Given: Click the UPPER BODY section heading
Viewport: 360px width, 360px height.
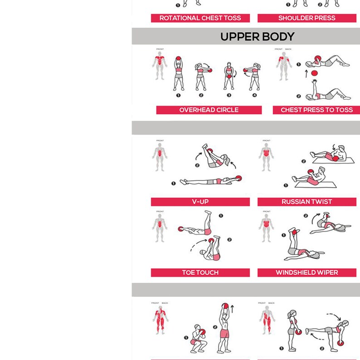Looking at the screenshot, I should (257, 36).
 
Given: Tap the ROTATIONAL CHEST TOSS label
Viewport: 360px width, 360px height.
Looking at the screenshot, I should (200, 18).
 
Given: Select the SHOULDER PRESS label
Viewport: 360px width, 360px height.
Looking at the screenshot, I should (306, 18).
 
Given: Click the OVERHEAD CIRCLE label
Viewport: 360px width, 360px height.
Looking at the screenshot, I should (209, 110).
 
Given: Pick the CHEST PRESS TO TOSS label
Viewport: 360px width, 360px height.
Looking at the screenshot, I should (316, 110).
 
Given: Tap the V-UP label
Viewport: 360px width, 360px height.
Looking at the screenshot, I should (200, 202).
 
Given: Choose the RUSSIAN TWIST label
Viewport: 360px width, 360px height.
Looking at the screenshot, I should (306, 202).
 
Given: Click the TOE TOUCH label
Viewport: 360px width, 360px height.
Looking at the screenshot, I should (200, 272).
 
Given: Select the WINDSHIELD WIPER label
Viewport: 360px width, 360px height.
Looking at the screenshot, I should (306, 272).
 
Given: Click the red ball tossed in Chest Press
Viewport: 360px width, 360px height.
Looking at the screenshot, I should (314, 73).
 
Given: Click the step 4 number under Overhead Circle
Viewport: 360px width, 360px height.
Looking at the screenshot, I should (254, 95).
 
